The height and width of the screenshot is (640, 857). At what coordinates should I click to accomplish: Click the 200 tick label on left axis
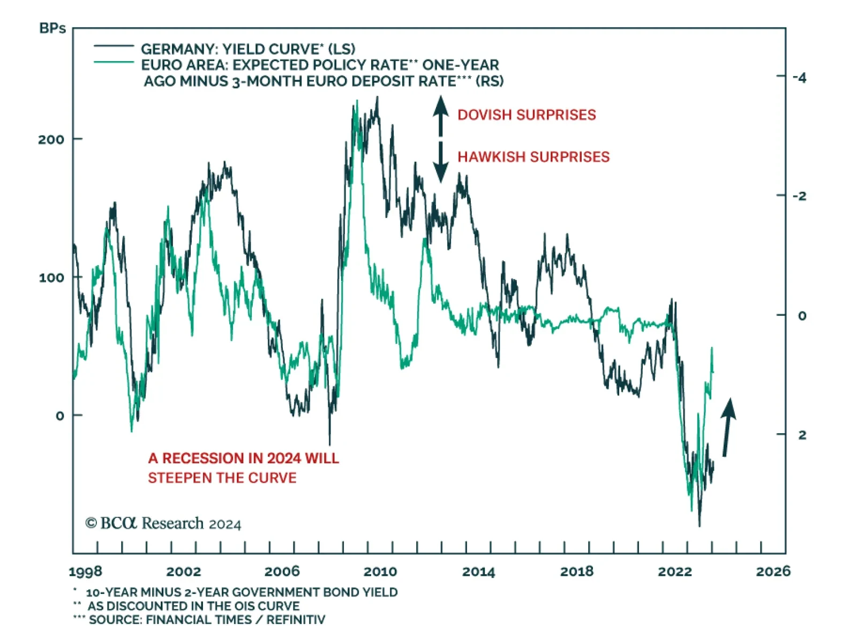click(51, 140)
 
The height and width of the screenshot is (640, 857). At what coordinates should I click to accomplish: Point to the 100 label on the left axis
click(51, 278)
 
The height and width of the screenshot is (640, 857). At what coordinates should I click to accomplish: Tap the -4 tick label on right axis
click(799, 78)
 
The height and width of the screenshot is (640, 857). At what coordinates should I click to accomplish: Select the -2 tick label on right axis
click(799, 197)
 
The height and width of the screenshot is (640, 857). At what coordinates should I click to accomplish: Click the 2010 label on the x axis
click(380, 572)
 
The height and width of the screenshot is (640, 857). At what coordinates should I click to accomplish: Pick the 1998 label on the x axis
click(86, 572)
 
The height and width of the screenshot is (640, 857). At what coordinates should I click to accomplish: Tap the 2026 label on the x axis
click(773, 572)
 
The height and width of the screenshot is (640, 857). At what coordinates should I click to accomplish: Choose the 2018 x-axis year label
click(577, 572)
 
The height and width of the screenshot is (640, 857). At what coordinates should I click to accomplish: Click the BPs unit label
click(52, 28)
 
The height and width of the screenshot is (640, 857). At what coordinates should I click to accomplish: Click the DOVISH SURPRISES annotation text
click(527, 115)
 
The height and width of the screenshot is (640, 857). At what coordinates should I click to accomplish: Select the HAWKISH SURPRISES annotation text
click(533, 157)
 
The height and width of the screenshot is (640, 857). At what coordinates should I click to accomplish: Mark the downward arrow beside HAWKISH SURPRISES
click(440, 163)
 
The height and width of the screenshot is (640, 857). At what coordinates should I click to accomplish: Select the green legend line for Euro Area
click(114, 63)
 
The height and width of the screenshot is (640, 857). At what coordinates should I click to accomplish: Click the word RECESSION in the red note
click(203, 458)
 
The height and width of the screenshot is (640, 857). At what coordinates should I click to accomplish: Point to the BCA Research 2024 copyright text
click(163, 523)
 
